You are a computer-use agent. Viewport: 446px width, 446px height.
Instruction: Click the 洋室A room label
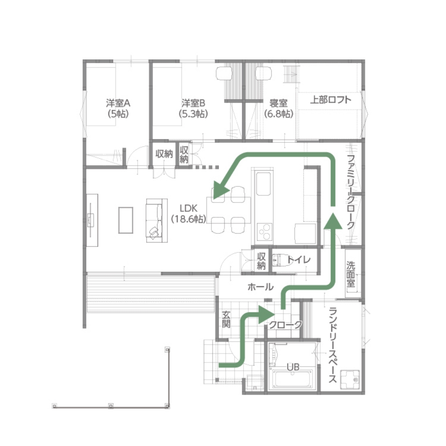(x=118, y=103)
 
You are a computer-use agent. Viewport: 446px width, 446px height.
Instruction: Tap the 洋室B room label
(x=193, y=103)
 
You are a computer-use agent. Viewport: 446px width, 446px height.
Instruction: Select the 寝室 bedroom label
(x=278, y=103)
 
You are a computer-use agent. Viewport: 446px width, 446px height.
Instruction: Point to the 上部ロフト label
(x=330, y=99)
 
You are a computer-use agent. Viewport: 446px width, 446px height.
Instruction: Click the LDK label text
(x=188, y=208)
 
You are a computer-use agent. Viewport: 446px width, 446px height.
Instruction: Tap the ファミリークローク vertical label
(x=351, y=192)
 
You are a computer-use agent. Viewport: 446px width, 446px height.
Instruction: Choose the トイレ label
(x=299, y=260)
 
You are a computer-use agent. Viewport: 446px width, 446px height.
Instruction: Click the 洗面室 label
(x=351, y=274)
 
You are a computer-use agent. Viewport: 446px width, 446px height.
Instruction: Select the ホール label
(x=260, y=287)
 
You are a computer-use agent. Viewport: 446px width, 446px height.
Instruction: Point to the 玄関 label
(x=226, y=319)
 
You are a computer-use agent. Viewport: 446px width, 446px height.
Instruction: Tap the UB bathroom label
(x=293, y=367)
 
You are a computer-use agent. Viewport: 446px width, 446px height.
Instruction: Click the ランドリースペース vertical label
(x=333, y=345)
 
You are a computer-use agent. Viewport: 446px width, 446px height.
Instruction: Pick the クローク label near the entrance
(x=285, y=325)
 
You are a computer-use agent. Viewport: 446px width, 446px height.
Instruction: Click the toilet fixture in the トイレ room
(x=281, y=260)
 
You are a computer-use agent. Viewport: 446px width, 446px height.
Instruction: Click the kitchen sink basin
(x=264, y=184)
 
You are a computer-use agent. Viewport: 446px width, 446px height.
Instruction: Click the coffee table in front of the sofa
(x=126, y=220)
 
